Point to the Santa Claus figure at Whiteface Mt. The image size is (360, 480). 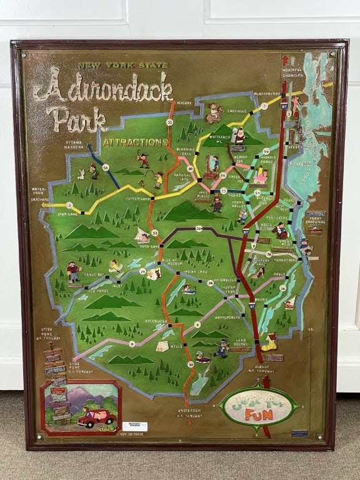point(239,136)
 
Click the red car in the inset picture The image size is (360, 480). point(96,417)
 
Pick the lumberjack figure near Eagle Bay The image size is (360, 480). point(74,271)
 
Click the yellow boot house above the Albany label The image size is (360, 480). point(269,342)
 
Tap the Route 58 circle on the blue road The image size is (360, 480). point(106,167)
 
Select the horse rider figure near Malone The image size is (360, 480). point(214,113)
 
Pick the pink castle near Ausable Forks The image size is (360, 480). point(261,177)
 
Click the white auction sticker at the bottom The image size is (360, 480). point(134,426)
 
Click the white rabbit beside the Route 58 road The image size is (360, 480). point(81,174)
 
